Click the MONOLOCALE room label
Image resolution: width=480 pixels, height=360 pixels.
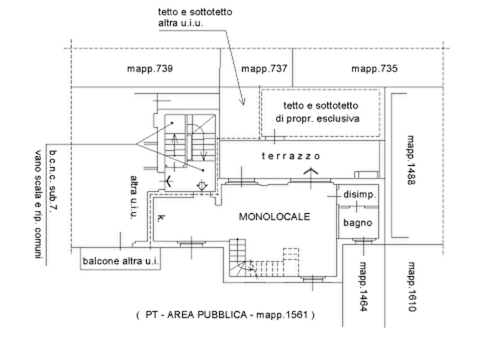coord(274,217)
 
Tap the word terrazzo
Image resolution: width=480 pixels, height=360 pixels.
coord(291,156)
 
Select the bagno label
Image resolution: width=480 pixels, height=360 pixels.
coord(357,222)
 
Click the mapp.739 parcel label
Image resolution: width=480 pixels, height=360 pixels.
coord(149,68)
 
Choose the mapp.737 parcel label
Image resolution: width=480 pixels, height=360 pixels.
coord(264,68)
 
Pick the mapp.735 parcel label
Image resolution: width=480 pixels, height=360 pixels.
coord(375,68)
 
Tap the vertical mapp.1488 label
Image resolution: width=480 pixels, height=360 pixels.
coord(411,160)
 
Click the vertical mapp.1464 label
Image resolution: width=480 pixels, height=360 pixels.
coord(363,286)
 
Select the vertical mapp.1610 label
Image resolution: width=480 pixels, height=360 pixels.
coord(412,286)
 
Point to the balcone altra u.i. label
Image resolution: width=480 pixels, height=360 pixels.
coord(120,261)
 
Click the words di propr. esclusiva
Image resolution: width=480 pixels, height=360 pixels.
coord(318,118)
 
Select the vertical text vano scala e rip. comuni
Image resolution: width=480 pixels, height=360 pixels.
coord(38,205)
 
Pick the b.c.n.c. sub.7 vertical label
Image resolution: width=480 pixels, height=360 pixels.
coord(53,180)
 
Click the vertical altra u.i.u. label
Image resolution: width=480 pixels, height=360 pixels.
coord(134,197)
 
